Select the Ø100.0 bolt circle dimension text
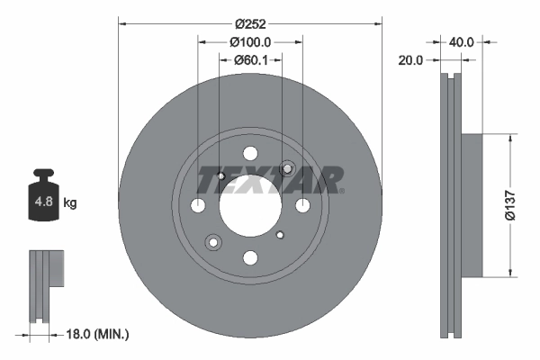[250, 41]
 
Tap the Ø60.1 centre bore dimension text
[250, 60]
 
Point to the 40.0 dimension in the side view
[462, 41]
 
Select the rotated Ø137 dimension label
[508, 205]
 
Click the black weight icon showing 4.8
[43, 200]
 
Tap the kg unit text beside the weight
[70, 203]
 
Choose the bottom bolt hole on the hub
[250, 258]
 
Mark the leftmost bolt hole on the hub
[199, 206]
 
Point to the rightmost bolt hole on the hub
[302, 206]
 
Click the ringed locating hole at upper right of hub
[288, 168]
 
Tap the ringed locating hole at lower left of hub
[213, 242]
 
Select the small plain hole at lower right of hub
[280, 236]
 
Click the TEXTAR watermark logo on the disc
[270, 180]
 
